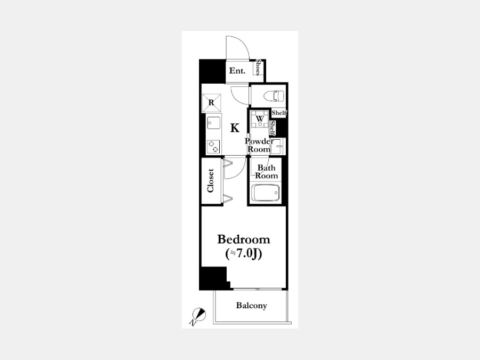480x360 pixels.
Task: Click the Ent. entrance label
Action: coord(237,71)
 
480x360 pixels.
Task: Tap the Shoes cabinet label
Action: coord(258,68)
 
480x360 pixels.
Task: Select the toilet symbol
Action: coord(274,96)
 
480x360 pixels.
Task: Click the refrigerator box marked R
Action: coord(211,103)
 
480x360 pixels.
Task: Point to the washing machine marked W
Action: coord(260,119)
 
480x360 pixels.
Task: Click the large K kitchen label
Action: coord(235,128)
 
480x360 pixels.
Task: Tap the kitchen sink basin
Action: coord(213,123)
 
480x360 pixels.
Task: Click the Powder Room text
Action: coord(259,146)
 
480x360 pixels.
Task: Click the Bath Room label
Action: coord(267,172)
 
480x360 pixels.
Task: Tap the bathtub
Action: coord(266,193)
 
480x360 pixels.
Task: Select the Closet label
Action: coord(210,181)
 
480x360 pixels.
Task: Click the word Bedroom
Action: coord(244,239)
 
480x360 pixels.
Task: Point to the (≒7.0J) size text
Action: coord(244,254)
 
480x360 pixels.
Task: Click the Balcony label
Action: coord(251,306)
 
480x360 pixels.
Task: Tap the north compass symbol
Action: coord(199,314)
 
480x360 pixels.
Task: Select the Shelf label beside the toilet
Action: coord(279,113)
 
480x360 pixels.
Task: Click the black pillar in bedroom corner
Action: coord(213,278)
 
